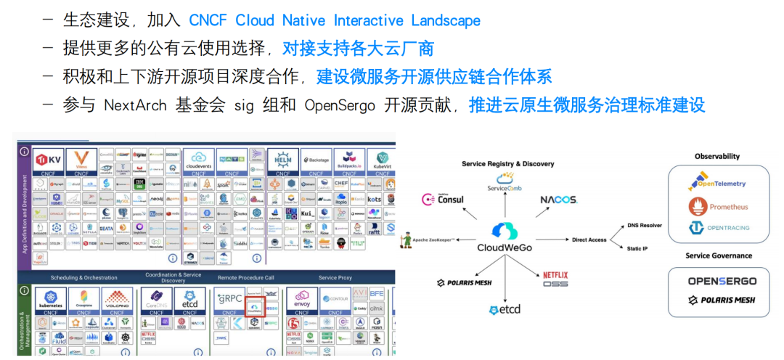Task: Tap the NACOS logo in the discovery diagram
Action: [558, 200]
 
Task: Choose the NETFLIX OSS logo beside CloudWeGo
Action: [555, 279]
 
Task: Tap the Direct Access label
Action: [589, 239]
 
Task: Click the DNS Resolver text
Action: [644, 226]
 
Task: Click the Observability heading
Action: [717, 156]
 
